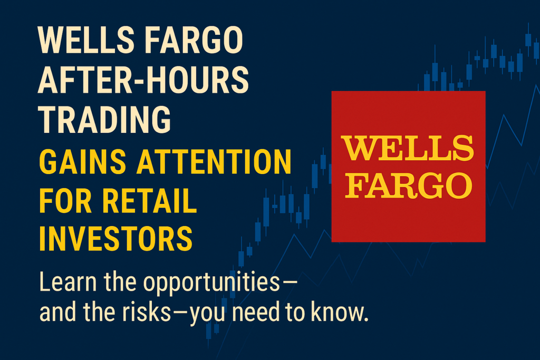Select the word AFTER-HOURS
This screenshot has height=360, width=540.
point(143,80)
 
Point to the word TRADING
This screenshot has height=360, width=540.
point(104,120)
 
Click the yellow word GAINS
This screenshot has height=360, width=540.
point(83,162)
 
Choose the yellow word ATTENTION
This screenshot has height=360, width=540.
point(214,162)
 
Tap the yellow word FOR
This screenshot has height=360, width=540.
point(65,201)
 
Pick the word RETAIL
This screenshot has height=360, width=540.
point(149,201)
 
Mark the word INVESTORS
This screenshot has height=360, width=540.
point(115,239)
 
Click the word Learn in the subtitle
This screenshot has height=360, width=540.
point(68,281)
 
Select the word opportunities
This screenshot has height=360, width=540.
point(211,283)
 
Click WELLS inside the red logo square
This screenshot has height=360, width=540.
point(408,148)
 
